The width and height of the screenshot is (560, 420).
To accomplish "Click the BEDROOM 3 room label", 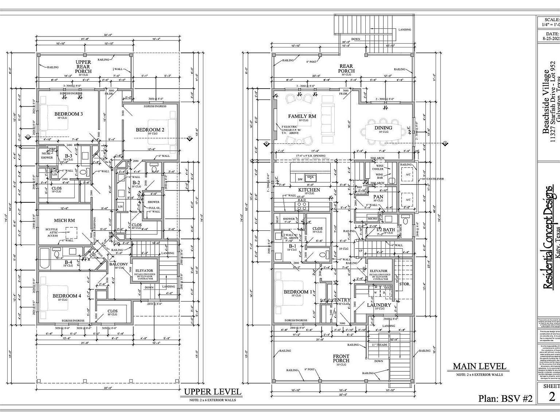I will pos(69,114).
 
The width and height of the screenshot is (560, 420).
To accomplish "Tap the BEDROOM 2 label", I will pos(150,130).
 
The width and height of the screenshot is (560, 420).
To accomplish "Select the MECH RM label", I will pos(64,220).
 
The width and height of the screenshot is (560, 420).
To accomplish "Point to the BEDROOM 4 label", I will pos(67,296).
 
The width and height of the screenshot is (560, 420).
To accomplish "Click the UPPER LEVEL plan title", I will pos(213,392).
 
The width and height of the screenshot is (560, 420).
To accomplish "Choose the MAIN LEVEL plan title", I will pos(479,366).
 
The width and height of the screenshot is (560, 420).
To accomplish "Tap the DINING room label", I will pos(383,128).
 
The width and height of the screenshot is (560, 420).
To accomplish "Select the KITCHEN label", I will pos(309,190).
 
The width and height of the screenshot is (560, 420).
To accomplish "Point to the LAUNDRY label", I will pos(379,305).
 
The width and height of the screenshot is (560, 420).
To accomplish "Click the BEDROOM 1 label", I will pos(298,292).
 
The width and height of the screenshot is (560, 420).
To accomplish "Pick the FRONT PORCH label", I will pos(341,358).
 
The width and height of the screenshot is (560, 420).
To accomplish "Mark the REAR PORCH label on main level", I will pos(346,69).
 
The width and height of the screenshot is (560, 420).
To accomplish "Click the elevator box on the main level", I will pos(378,274).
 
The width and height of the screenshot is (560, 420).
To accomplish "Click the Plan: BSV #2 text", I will pos(505,398).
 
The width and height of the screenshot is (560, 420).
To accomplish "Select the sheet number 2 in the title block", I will pos(552,397).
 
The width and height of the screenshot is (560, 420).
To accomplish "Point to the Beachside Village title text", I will pos(546,102).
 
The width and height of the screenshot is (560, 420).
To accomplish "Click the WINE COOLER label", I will pos(378,167).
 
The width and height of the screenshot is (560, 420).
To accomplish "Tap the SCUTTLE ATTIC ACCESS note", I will pos(52,232).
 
